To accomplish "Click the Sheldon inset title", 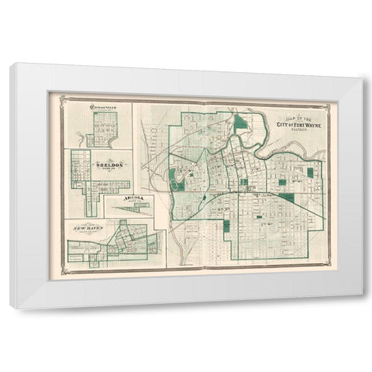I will [109, 165].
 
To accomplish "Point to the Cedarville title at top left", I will [103, 108].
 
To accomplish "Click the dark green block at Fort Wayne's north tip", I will [242, 122].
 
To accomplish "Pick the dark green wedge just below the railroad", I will [287, 198].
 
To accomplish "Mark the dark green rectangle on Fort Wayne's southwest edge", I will [227, 226].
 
